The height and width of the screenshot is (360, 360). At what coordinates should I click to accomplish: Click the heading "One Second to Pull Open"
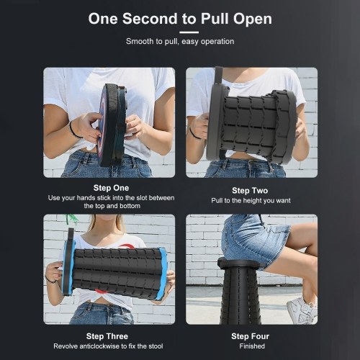click(180, 19)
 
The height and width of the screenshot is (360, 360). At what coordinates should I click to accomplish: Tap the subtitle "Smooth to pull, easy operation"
click(180, 41)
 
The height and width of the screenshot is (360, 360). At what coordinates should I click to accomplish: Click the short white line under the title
click(189, 32)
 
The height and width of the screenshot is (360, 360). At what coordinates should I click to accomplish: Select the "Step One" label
click(111, 188)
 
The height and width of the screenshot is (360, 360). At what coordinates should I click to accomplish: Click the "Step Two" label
click(250, 191)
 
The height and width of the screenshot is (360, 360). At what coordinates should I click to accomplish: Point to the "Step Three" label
click(107, 336)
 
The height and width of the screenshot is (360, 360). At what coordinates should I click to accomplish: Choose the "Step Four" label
click(251, 336)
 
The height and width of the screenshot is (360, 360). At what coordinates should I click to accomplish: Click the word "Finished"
click(252, 346)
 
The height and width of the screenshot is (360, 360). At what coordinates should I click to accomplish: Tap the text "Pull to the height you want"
click(251, 201)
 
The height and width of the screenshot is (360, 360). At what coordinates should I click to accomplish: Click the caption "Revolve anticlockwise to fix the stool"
click(108, 346)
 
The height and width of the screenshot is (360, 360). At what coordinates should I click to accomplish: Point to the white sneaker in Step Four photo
click(302, 310)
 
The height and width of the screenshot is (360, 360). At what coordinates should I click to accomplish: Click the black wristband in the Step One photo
click(73, 131)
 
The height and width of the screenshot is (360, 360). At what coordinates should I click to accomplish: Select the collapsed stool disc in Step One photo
click(112, 125)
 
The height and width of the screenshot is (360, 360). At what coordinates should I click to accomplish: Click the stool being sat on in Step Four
click(240, 290)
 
